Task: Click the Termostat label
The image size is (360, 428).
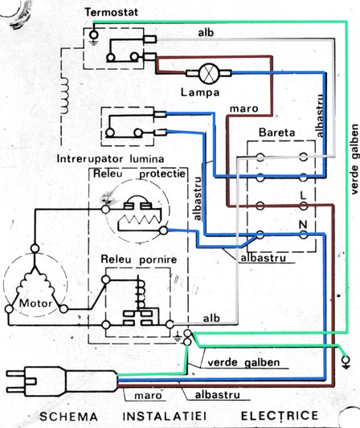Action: pyautogui.click(x=111, y=12)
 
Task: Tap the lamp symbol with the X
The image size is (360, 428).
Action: pyautogui.click(x=209, y=73)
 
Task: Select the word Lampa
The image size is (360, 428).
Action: pyautogui.click(x=200, y=92)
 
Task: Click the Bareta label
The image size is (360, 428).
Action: pyautogui.click(x=277, y=132)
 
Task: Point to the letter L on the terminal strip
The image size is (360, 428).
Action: pyautogui.click(x=303, y=195)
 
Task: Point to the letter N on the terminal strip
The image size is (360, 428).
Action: pyautogui.click(x=303, y=225)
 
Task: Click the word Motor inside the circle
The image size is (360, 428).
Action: pyautogui.click(x=35, y=304)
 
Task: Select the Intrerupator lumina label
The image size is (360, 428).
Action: pyautogui.click(x=110, y=159)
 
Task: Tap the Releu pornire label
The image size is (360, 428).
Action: pyautogui.click(x=139, y=259)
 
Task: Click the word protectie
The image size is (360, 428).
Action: pyautogui.click(x=162, y=174)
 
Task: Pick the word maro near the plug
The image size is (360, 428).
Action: pyautogui.click(x=148, y=396)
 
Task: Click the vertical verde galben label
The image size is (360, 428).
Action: pyautogui.click(x=354, y=160)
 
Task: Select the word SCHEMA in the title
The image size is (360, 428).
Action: pyautogui.click(x=68, y=417)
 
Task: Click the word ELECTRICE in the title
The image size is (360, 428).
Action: pyautogui.click(x=280, y=416)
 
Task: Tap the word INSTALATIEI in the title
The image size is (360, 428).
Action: pyautogui.click(x=164, y=416)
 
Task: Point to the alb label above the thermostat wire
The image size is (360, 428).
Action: pyautogui.click(x=206, y=33)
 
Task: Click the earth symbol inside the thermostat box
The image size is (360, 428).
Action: pyautogui.click(x=94, y=38)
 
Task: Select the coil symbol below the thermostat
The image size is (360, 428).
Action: pyautogui.click(x=64, y=96)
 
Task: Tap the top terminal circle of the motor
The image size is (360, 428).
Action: pyautogui.click(x=35, y=249)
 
